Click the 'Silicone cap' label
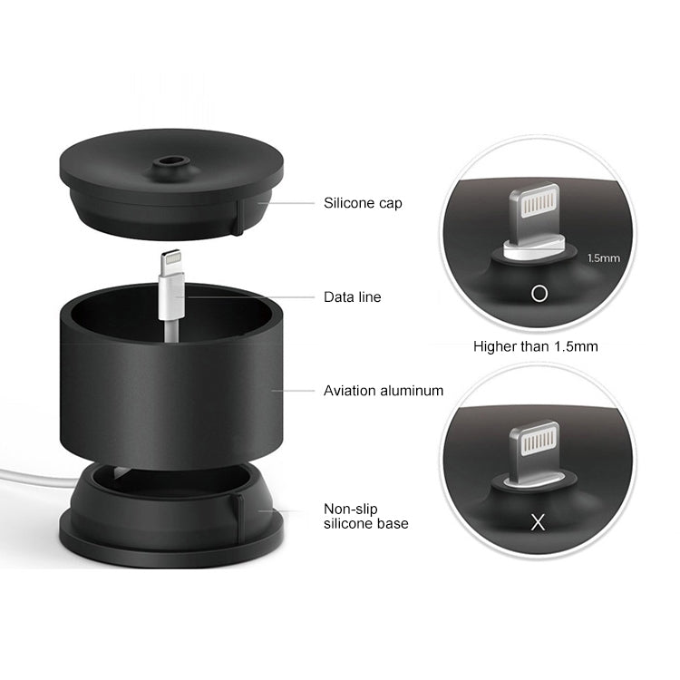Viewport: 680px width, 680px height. point(363,203)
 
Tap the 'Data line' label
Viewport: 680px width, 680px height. point(353,296)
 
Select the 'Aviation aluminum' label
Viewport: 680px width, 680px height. point(384,391)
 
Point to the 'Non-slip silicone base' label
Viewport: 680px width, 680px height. point(366,516)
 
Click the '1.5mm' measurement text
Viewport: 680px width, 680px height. point(603,258)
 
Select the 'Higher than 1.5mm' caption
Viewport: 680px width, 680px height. point(535,346)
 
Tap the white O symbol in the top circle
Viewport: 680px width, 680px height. point(539,293)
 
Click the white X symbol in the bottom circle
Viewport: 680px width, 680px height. point(538,521)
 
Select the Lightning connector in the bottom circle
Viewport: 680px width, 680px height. point(535,449)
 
